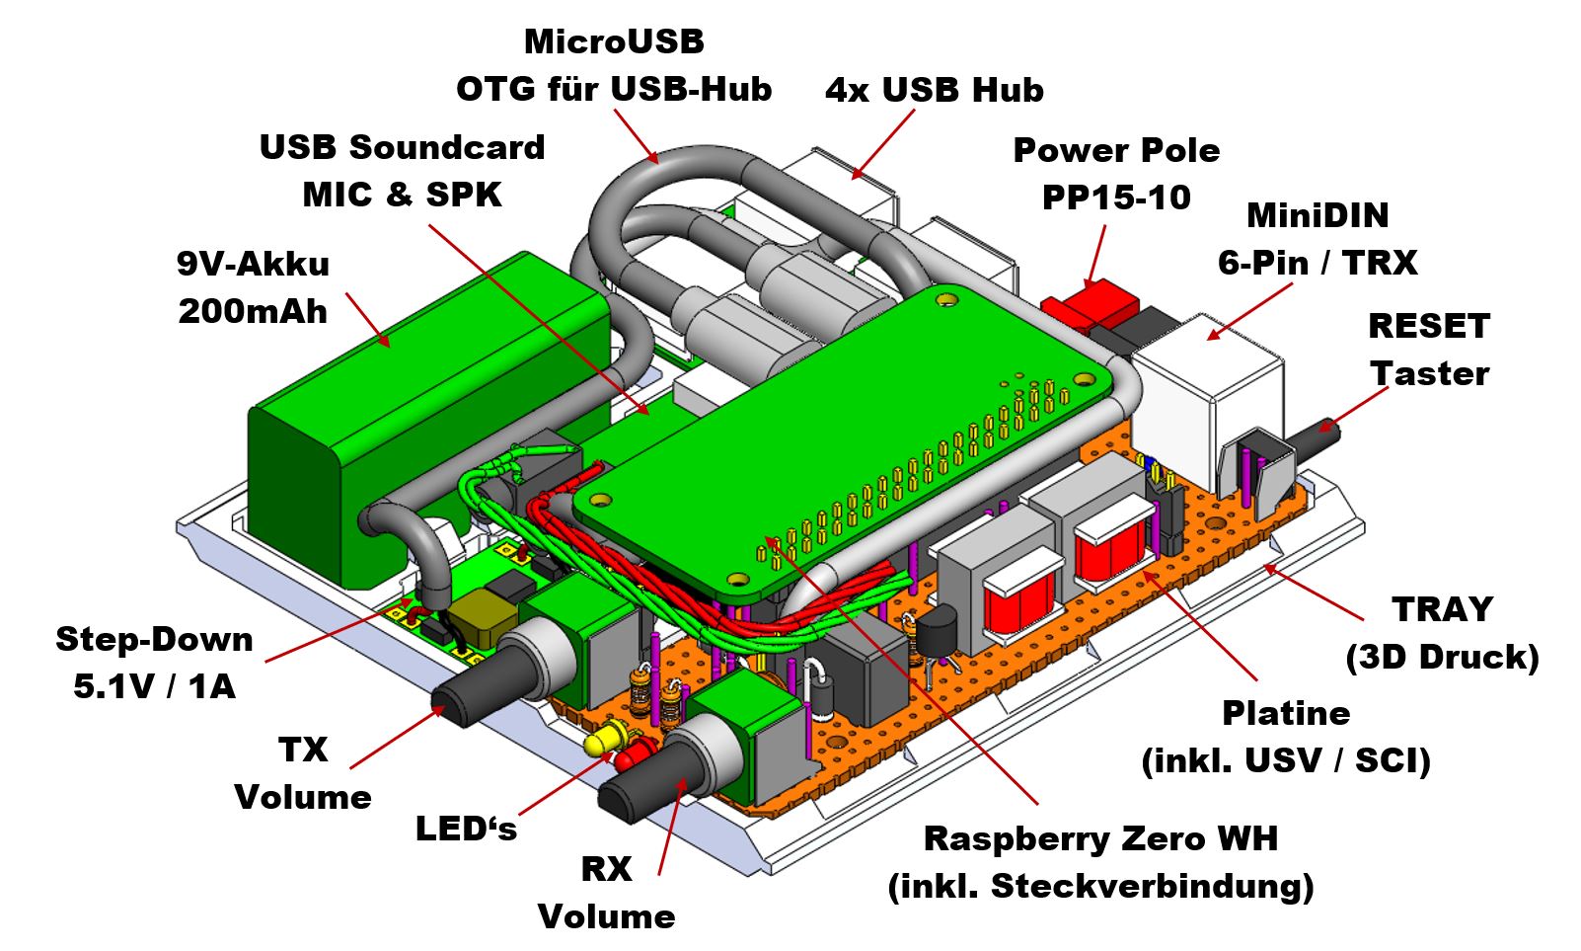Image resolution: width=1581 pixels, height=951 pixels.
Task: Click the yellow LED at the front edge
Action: [604, 740]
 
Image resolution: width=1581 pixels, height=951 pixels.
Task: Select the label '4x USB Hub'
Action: [934, 91]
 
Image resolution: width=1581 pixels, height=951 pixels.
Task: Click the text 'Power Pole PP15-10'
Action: [1116, 174]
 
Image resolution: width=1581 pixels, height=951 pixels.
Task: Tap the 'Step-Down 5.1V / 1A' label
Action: [154, 662]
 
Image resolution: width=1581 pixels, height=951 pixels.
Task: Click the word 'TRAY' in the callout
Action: [1442, 609]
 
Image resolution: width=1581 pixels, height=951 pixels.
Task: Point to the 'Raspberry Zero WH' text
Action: [1100, 838]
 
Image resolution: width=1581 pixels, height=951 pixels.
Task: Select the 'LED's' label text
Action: [466, 828]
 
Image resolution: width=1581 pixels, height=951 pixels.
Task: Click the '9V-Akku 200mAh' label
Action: [253, 287]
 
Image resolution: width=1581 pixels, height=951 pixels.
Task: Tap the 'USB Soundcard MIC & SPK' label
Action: [402, 171]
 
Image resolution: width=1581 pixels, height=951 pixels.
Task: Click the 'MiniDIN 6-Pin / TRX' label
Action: [1317, 239]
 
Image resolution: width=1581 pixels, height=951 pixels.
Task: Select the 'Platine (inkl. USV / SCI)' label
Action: [1286, 736]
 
